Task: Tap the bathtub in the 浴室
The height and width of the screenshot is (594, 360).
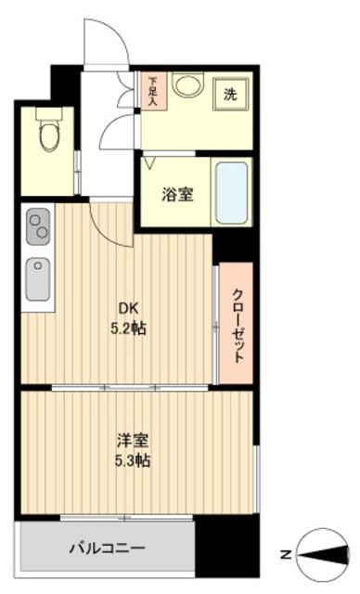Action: coord(231,194)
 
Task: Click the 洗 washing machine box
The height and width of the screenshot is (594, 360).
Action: coord(229,94)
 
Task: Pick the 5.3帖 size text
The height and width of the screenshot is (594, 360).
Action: coord(133,461)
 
